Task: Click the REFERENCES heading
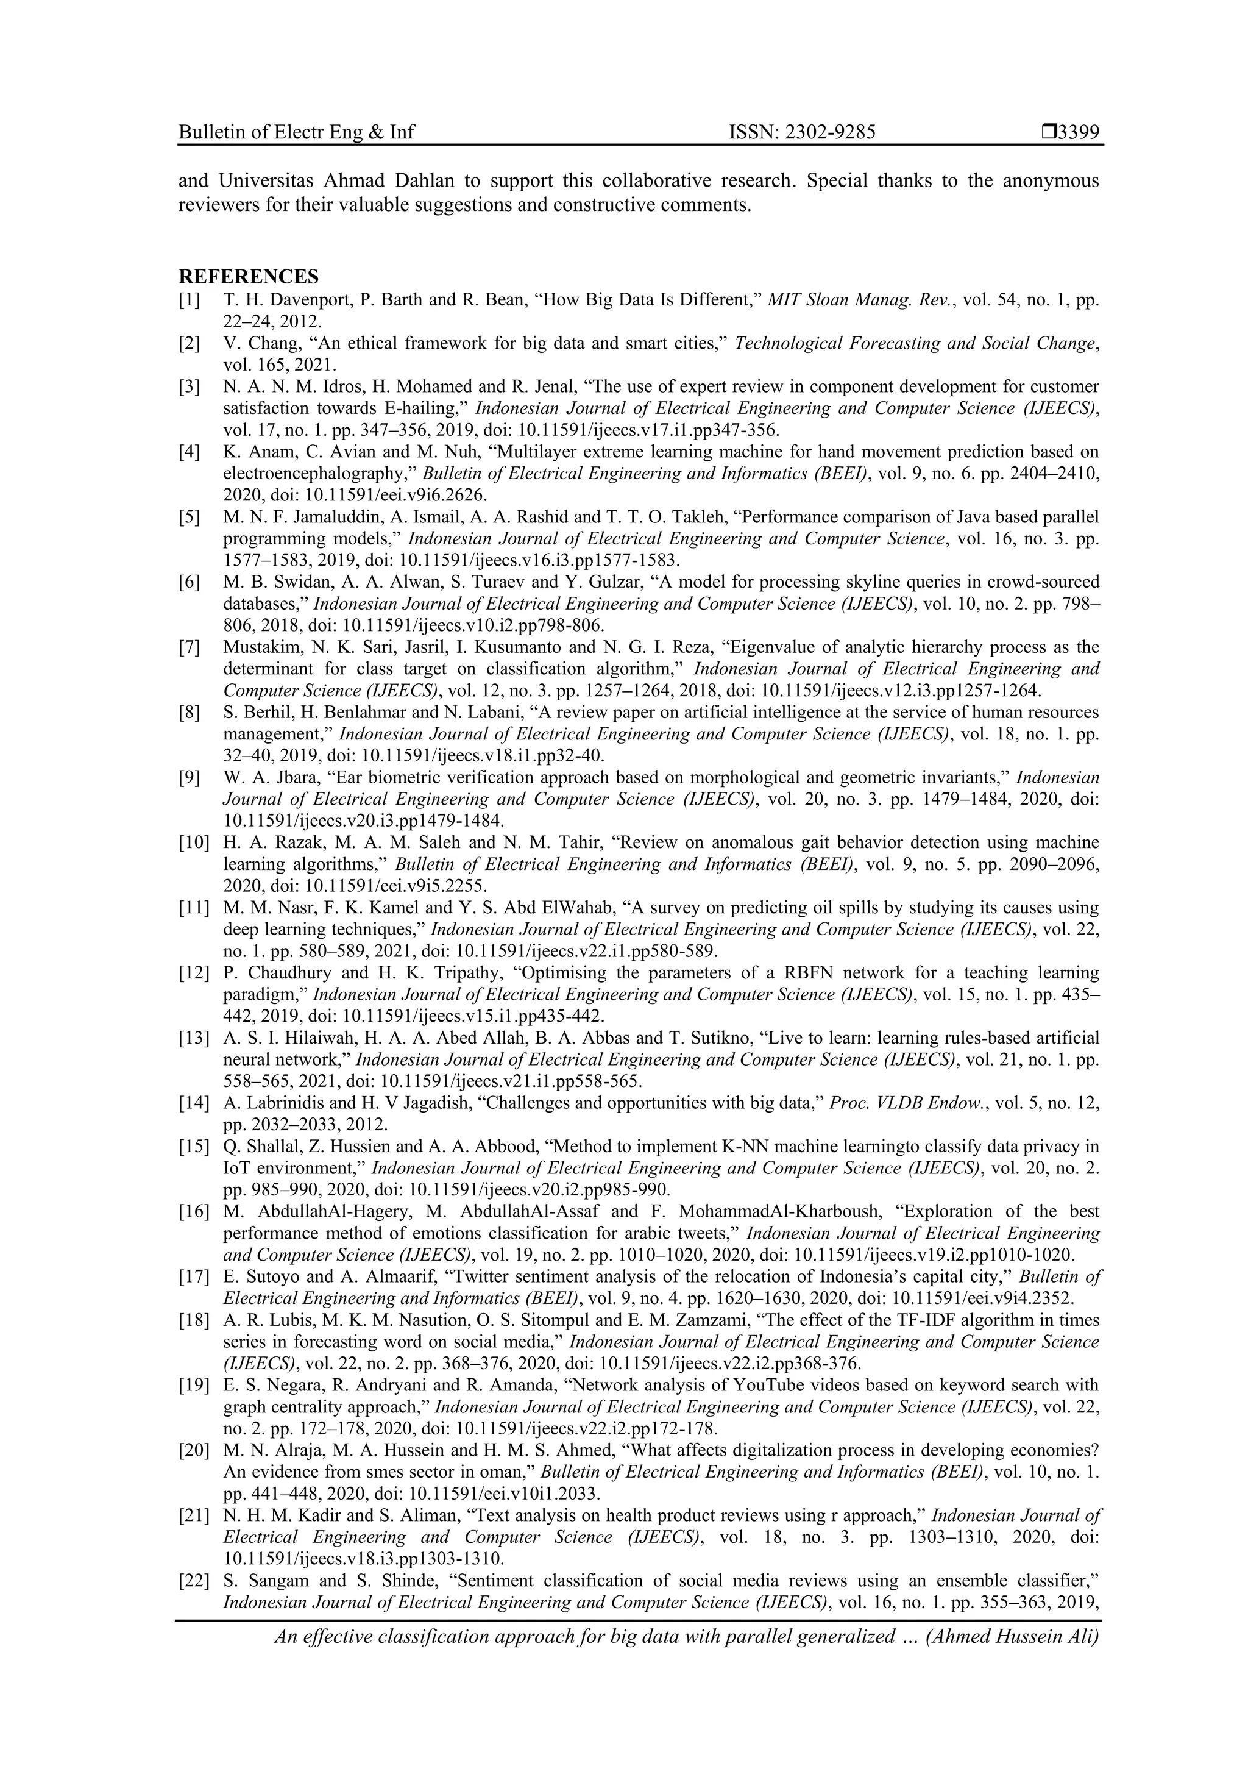pyautogui.click(x=249, y=277)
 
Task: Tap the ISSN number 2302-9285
pyautogui.click(x=828, y=132)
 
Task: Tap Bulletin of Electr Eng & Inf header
pyautogui.click(x=296, y=132)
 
